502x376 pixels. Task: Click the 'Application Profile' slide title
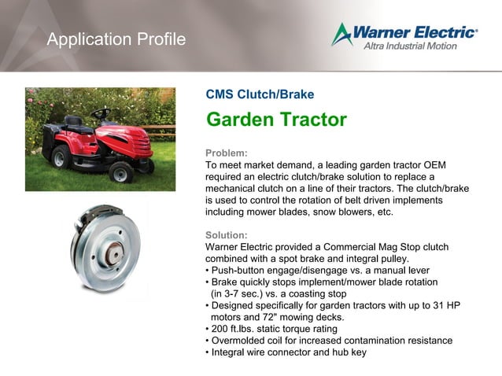coord(116,39)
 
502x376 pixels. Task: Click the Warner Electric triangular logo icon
coord(341,35)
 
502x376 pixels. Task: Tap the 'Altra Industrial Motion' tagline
coord(419,46)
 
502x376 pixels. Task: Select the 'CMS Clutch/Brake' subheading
coord(260,94)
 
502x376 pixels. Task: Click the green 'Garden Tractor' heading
coord(276,120)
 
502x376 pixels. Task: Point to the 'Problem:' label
coord(227,153)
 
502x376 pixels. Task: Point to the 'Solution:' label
coord(227,235)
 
